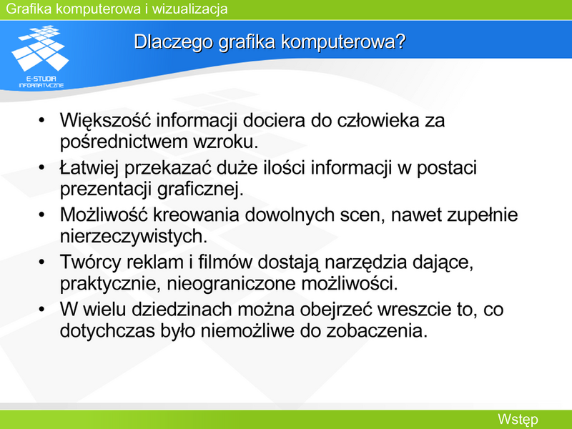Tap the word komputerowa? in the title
click(x=343, y=42)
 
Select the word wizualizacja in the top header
click(x=189, y=9)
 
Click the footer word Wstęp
click(x=518, y=420)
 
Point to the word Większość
click(x=105, y=121)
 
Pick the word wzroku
click(x=225, y=142)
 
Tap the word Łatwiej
click(x=89, y=168)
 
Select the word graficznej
click(x=200, y=189)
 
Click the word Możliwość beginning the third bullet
click(x=104, y=215)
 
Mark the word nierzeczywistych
click(x=134, y=237)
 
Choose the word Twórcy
click(x=90, y=262)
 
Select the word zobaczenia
click(x=377, y=331)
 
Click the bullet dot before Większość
click(x=41, y=120)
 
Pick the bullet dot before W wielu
click(x=41, y=310)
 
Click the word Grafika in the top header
click(x=29, y=9)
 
